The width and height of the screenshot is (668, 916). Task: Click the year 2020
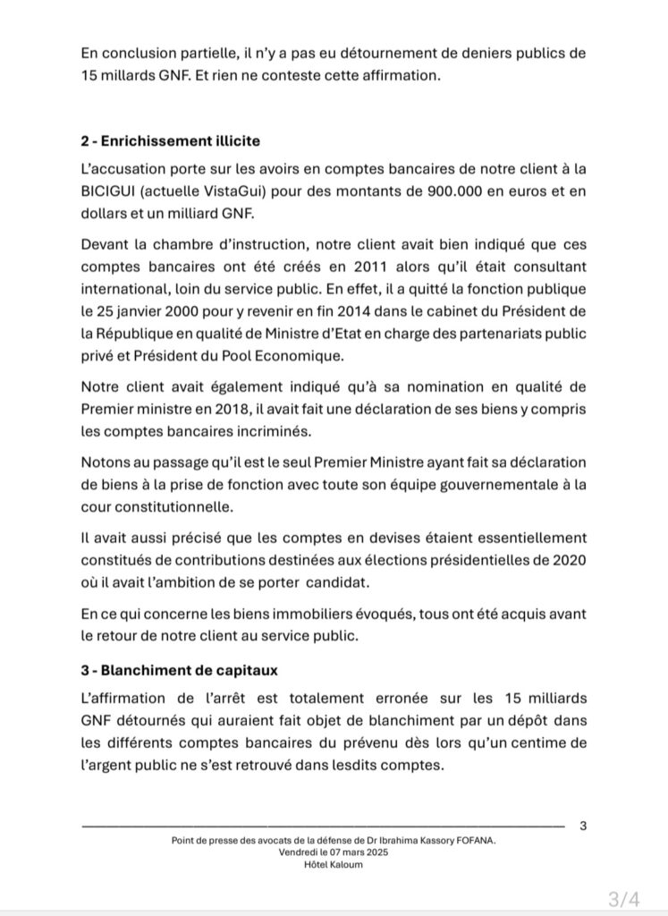pos(568,560)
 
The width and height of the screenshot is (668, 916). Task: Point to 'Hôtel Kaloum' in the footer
pos(334,863)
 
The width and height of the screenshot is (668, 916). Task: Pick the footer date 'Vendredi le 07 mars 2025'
pos(334,852)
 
